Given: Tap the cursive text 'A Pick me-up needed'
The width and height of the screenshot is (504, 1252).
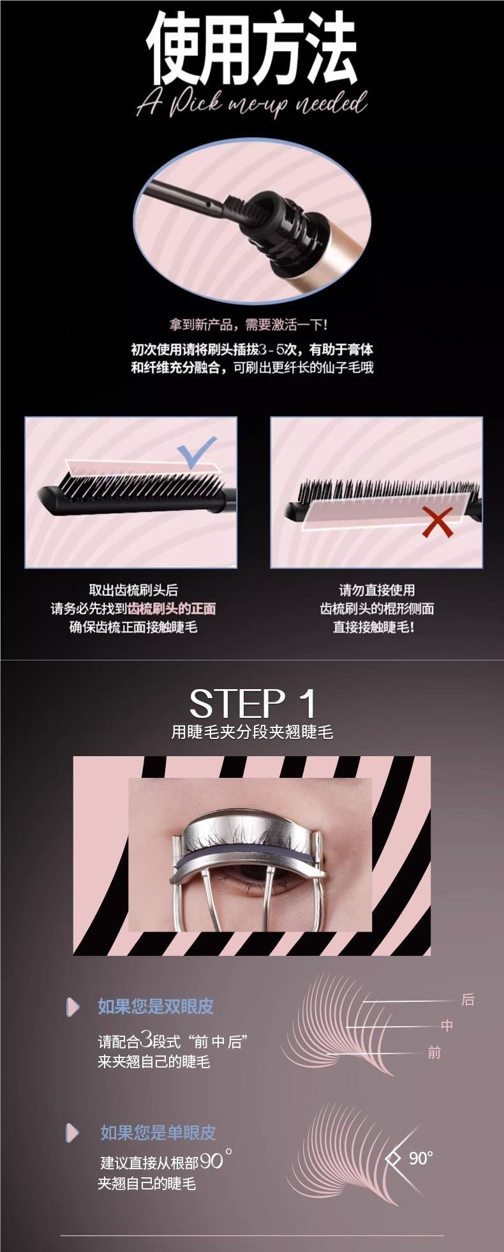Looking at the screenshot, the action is tap(252, 104).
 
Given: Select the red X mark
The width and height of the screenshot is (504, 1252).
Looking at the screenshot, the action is tap(438, 521).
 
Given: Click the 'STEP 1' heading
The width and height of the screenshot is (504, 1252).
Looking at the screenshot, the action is tap(253, 704).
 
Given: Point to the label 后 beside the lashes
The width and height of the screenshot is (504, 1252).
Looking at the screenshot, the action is tap(468, 999).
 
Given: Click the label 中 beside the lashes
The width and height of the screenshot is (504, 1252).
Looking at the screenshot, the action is tap(447, 1025).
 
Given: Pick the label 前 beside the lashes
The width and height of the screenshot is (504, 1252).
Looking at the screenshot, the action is tap(434, 1052).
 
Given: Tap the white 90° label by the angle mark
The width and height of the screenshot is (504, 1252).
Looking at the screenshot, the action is tap(421, 1158).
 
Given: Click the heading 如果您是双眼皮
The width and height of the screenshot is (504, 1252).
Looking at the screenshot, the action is tap(156, 1006).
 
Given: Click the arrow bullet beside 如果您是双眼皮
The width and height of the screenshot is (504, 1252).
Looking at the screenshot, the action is tap(73, 1006).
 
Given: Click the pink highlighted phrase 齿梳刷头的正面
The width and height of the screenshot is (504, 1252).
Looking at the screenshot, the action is tap(172, 609).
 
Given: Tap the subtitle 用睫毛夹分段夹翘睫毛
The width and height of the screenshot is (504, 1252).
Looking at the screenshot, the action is tap(252, 732).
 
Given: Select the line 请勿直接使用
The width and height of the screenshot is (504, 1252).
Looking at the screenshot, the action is tap(376, 590).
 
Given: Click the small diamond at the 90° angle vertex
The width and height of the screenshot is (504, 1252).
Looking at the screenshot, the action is tap(394, 1158).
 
